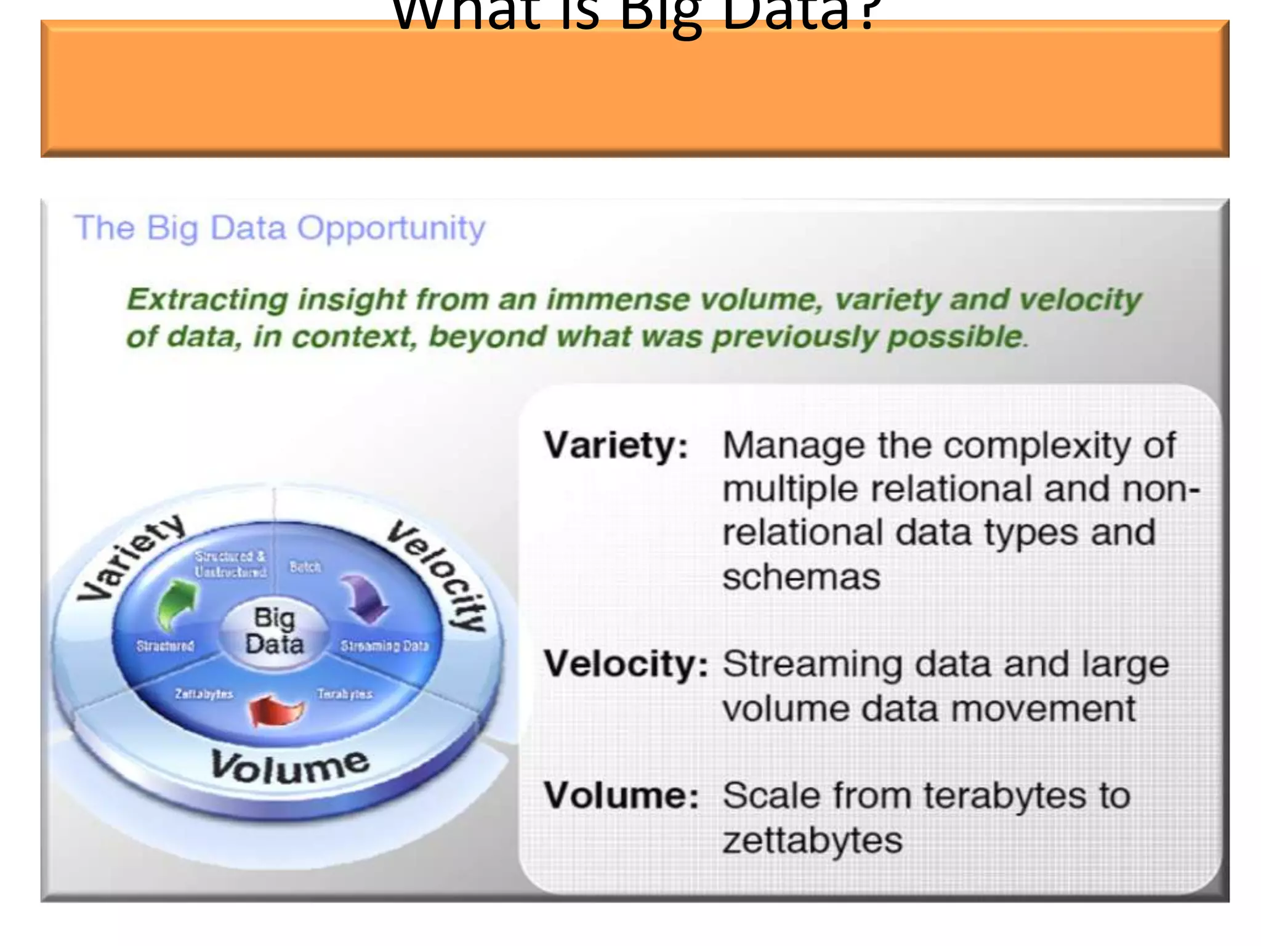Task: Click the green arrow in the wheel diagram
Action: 177,604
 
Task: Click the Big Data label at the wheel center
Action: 275,631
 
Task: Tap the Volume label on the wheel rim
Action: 289,767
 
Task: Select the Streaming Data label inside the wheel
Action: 384,646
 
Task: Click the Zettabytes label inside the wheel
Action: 204,694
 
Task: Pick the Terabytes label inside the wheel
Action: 345,694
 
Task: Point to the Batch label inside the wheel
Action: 305,567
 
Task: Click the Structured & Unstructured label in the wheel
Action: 230,564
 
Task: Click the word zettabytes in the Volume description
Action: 812,840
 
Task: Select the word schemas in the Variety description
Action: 801,577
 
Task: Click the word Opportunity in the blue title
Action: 392,229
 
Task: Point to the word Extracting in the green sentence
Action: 207,300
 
